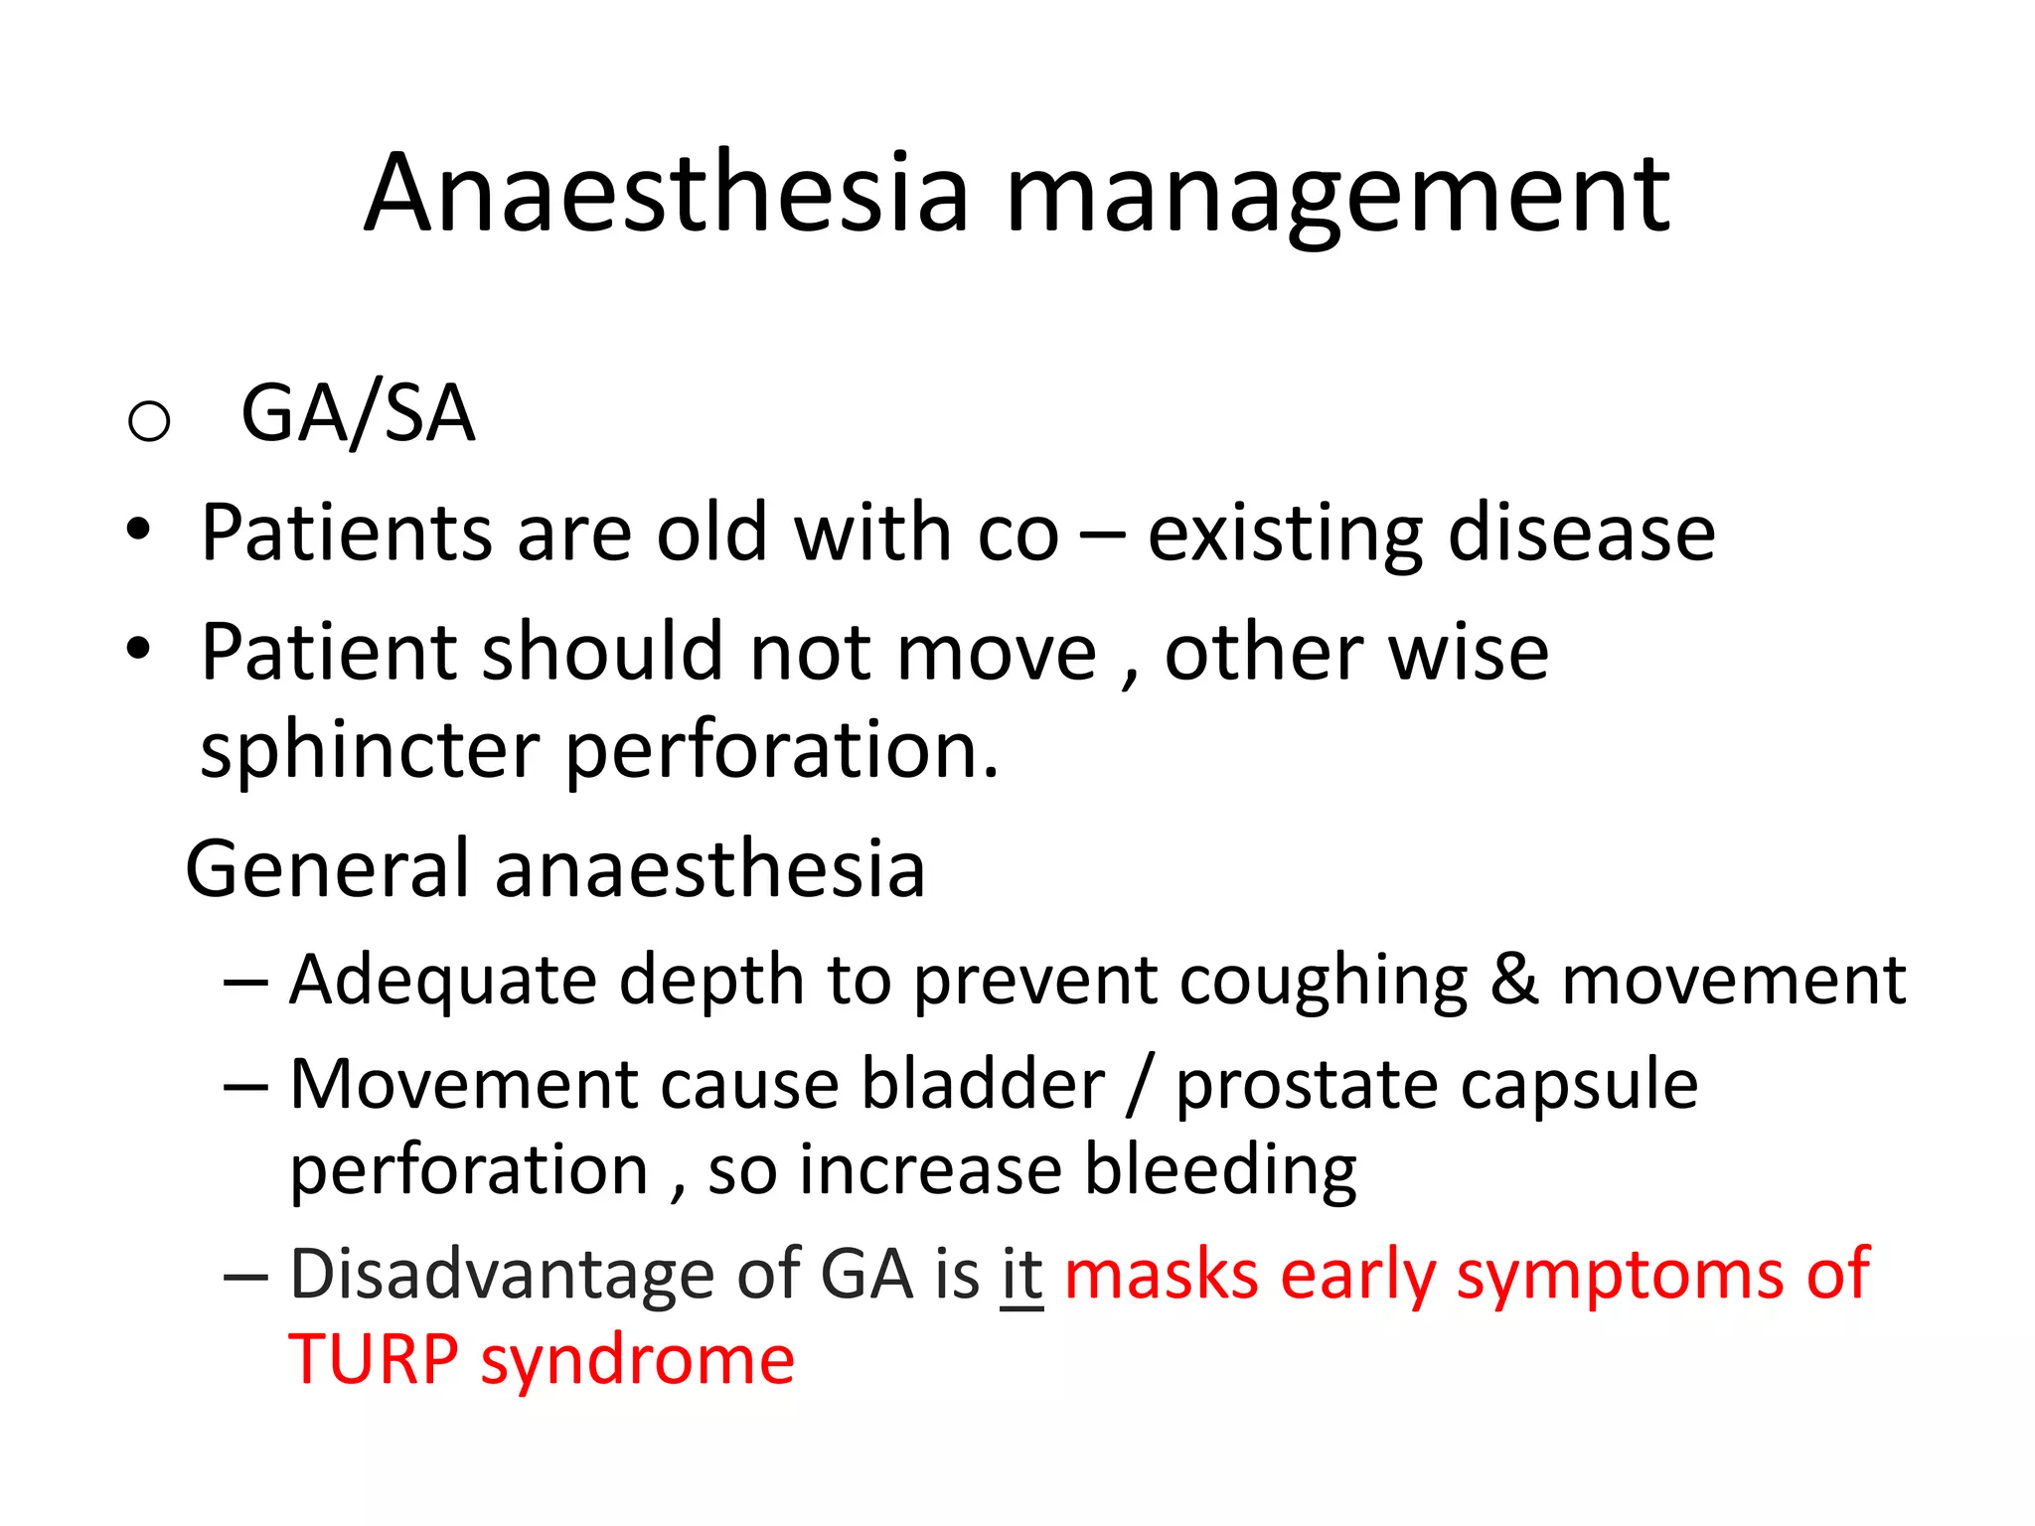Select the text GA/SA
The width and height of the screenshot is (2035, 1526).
(x=358, y=413)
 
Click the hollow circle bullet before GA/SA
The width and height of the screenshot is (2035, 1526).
(x=149, y=420)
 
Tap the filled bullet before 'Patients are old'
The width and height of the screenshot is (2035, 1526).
(x=138, y=530)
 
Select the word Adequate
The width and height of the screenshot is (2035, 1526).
(x=442, y=982)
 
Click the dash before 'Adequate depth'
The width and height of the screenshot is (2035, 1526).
(x=245, y=982)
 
